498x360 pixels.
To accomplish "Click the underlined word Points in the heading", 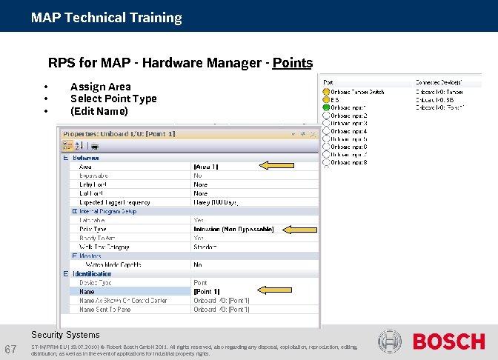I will [292, 63].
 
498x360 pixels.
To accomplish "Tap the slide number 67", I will [11, 349].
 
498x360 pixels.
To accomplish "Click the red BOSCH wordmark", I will [448, 341].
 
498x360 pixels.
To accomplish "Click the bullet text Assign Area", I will [100, 87].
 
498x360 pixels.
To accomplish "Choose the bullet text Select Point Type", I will [113, 99].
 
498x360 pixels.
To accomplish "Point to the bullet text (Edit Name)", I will [99, 111].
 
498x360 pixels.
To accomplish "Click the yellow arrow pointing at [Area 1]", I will [275, 165].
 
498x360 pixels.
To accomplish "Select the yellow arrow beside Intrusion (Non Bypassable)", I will [299, 230].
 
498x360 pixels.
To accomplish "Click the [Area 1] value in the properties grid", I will [206, 167].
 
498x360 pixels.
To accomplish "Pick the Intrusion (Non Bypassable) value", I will [233, 230].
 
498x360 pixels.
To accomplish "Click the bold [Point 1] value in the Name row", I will [206, 291].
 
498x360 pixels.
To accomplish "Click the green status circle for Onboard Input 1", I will [326, 107].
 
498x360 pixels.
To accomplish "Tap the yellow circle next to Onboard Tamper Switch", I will [326, 92].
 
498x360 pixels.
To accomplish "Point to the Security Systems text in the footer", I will [65, 335].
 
